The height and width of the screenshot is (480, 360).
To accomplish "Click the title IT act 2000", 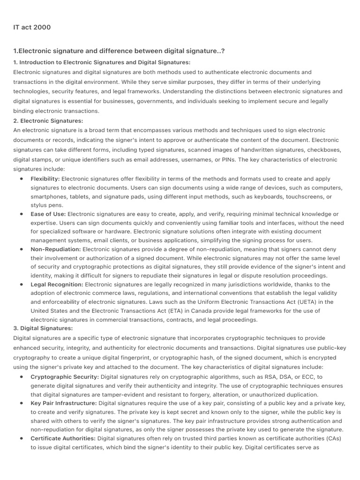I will (32, 27).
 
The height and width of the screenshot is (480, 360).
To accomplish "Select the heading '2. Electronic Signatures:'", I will (48, 121).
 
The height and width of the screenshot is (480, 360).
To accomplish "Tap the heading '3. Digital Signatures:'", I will (43, 328).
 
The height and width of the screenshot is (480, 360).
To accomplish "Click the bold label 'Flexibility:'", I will (45, 179).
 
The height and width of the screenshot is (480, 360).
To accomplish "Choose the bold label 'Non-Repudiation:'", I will (56, 249).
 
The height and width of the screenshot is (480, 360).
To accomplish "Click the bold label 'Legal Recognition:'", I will (57, 285).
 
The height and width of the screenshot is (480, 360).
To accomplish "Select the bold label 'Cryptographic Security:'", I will (65, 377).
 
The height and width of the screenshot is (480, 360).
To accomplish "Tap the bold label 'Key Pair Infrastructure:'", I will (64, 403).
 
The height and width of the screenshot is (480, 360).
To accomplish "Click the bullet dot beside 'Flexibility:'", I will (22, 179).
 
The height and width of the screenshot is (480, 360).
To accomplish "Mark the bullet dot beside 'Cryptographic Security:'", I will (22, 377).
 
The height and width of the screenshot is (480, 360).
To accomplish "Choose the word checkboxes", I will (324, 150).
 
